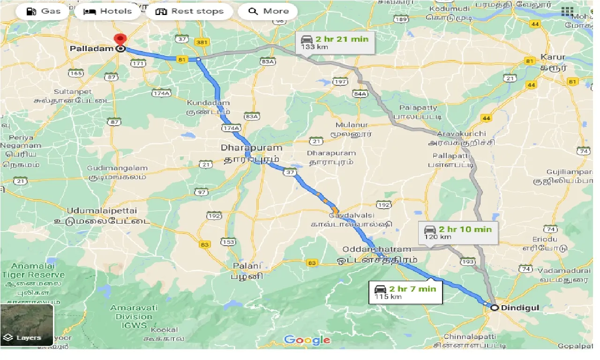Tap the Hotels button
click(107, 11)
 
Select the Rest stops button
click(189, 11)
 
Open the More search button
click(268, 11)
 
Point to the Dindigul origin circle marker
click(494, 307)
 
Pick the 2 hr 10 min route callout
click(457, 232)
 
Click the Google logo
click(307, 340)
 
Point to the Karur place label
click(553, 58)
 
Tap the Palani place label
click(247, 266)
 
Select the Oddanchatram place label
click(377, 249)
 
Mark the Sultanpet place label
click(73, 91)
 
